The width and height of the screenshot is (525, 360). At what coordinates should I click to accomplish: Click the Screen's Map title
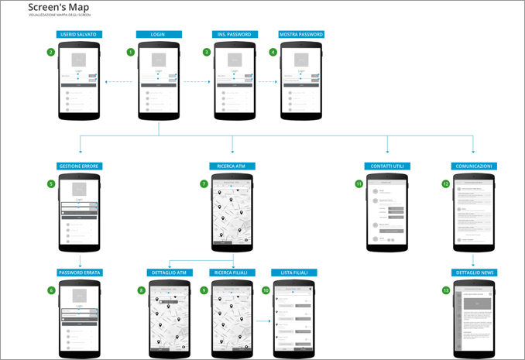(53, 8)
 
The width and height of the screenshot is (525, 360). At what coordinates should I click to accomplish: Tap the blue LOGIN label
(159, 35)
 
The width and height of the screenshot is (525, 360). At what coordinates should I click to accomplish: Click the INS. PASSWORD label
(234, 35)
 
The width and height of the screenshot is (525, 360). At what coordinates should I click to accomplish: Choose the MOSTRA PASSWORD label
(301, 35)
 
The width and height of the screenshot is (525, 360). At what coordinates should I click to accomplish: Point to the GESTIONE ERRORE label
(79, 166)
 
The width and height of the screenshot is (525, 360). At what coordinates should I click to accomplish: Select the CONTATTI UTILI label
(387, 166)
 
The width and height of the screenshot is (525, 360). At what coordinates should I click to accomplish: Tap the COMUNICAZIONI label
(473, 166)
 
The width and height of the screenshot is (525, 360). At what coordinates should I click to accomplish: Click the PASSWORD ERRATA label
(80, 273)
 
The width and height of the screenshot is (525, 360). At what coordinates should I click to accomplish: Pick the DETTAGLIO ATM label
(170, 273)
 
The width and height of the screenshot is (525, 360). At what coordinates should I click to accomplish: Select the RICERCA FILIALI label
(233, 273)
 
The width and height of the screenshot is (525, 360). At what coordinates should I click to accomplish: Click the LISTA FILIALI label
(293, 273)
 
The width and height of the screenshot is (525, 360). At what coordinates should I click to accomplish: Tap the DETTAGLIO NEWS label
(474, 273)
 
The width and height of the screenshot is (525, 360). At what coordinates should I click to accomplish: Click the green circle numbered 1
(131, 53)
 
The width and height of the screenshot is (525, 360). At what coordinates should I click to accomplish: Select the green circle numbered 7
(204, 183)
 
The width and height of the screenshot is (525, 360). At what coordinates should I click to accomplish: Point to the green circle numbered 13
(445, 290)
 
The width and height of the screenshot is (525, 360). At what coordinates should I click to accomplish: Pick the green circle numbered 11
(359, 183)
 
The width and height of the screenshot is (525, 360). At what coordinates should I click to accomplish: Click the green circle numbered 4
(273, 53)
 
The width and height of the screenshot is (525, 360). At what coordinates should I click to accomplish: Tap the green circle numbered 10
(266, 290)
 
